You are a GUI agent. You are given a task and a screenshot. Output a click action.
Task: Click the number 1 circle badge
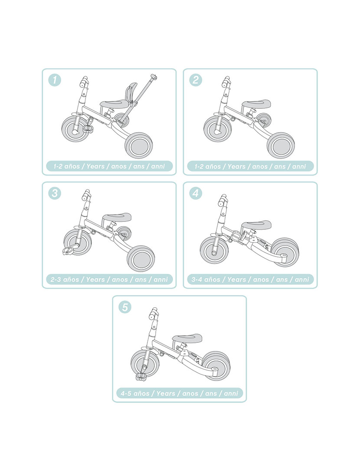[x=54, y=80]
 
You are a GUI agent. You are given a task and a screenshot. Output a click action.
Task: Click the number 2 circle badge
[x=196, y=80]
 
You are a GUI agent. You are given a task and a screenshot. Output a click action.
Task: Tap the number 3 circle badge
[x=54, y=193]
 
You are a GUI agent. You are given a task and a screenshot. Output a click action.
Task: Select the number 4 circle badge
[x=196, y=193]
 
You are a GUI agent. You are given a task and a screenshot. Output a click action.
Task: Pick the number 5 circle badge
[x=125, y=307]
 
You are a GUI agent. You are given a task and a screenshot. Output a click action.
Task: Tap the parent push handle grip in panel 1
[x=152, y=77]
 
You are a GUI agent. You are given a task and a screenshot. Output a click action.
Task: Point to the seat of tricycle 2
[x=257, y=104]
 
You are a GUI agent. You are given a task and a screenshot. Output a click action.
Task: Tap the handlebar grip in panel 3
[x=87, y=192]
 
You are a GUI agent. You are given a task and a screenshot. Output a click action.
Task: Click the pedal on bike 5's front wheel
[x=141, y=377]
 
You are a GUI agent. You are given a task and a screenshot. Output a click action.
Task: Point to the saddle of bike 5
[x=187, y=338]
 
